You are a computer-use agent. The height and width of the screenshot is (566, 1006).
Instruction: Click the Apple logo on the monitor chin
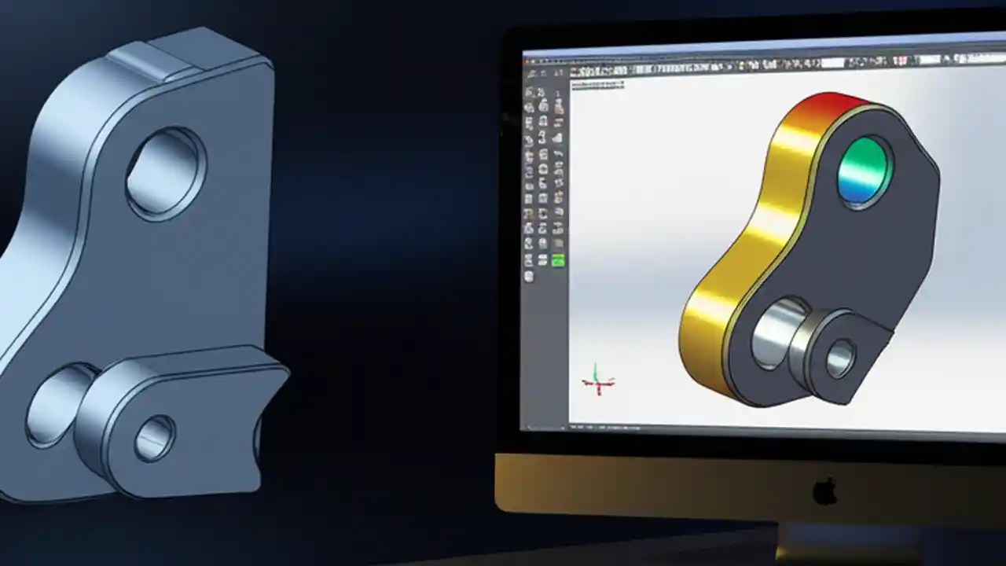[x=824, y=491]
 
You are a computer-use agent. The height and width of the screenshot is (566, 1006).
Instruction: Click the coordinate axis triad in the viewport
[x=598, y=380]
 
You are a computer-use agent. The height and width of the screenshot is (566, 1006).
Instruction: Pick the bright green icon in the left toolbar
[x=558, y=261]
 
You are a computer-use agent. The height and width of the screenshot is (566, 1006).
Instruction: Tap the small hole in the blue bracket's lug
[x=154, y=437]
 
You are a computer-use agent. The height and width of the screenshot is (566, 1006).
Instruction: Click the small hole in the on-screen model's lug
[x=840, y=358]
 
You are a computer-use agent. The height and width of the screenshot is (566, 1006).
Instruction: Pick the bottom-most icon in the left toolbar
[x=529, y=277]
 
